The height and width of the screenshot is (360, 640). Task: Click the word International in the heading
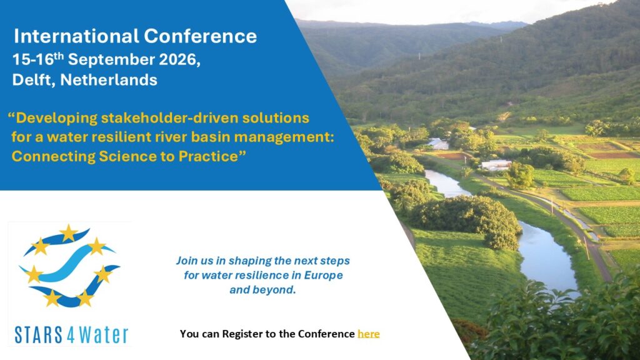[76, 36]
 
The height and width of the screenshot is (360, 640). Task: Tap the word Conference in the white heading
[201, 36]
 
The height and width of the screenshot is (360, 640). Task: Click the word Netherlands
[109, 79]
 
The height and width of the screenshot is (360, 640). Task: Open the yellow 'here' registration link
[369, 334]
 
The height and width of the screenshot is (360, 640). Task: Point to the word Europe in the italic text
[324, 276]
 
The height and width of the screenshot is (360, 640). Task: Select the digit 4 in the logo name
[70, 335]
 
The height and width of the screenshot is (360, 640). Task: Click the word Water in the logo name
[104, 335]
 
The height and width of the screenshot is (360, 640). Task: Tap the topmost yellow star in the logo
[68, 233]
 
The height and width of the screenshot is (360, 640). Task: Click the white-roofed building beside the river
[496, 165]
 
